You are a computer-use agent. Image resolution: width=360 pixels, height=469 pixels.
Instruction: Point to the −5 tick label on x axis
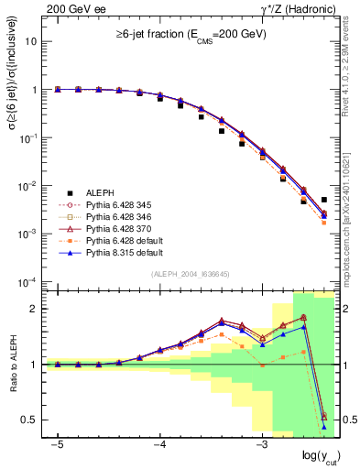tap(57, 444)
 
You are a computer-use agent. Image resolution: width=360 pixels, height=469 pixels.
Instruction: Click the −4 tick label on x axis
tap(158, 444)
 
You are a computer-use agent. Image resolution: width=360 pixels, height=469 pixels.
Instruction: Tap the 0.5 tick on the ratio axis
tap(34, 420)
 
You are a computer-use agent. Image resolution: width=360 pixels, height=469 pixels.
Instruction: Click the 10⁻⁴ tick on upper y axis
tap(29, 281)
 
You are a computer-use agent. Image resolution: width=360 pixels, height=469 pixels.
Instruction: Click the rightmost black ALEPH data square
tap(324, 200)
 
